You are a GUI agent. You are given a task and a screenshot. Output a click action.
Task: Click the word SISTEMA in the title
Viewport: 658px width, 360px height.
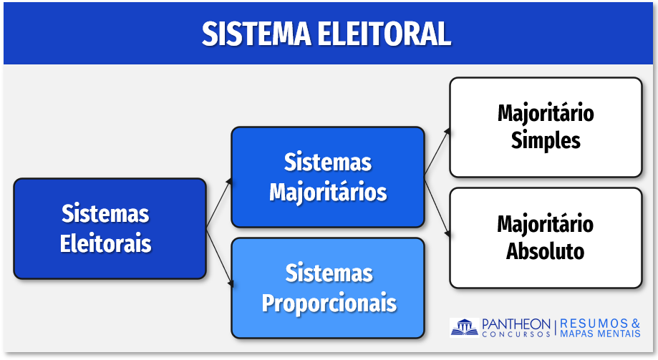[x=256, y=34]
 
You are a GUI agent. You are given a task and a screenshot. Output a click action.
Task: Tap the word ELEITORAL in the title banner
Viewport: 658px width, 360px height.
[x=384, y=34]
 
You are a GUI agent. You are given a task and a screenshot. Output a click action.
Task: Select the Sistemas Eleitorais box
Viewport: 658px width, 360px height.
[x=110, y=229]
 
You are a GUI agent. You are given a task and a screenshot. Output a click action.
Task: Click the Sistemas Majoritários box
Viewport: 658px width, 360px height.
[x=328, y=177]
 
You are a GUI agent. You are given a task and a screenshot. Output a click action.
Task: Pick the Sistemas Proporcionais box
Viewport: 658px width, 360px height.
[x=328, y=288]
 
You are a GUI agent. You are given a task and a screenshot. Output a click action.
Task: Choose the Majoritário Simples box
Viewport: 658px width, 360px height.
[x=546, y=127]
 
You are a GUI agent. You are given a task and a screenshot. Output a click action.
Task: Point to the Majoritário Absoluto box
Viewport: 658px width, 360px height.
[x=546, y=238]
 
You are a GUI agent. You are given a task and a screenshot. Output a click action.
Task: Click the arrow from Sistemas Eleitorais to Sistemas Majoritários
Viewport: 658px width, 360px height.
[x=218, y=203]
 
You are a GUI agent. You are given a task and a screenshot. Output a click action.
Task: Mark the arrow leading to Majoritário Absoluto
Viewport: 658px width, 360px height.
[x=437, y=208]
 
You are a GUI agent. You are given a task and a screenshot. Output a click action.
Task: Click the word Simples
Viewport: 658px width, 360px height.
[x=546, y=140]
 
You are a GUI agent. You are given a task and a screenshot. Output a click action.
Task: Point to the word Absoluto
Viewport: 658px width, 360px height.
[x=545, y=251]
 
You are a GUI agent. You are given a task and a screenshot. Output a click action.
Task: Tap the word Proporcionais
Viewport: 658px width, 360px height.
[x=329, y=303]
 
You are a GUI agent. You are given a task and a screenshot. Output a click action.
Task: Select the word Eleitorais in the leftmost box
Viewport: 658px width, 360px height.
[x=105, y=243]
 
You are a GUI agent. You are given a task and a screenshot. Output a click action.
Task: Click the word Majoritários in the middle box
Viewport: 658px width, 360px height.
[x=328, y=193]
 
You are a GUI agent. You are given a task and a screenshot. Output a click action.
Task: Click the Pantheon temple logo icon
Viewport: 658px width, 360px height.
[x=464, y=327]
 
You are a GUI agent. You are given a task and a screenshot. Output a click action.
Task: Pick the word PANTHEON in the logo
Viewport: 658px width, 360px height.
[x=516, y=324]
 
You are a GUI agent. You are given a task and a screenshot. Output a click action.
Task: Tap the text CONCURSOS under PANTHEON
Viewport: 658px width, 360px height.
[x=516, y=334]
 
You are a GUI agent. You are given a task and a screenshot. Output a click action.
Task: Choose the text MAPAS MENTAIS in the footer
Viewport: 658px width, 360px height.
[x=600, y=334]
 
